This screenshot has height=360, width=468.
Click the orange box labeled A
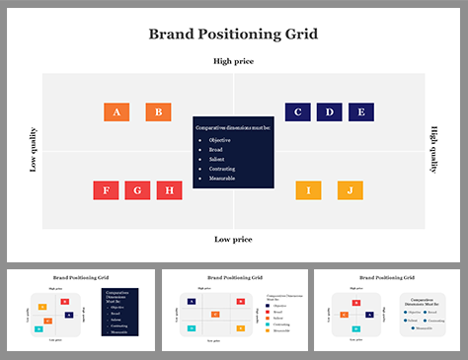tap(117, 112)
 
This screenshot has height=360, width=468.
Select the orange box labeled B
tap(158, 112)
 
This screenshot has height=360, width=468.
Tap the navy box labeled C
tap(298, 112)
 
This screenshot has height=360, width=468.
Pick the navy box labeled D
tap(330, 112)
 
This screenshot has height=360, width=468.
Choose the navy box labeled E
tap(361, 112)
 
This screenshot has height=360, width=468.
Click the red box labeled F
tap(107, 190)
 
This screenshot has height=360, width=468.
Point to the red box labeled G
tap(138, 190)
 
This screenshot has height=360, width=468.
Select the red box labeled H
tap(170, 190)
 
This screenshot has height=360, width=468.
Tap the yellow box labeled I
tap(308, 190)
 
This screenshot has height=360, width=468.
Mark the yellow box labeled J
tap(350, 190)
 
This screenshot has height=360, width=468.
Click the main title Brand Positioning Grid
tap(233, 35)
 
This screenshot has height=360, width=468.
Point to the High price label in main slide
tap(233, 62)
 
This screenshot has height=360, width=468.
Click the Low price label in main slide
tap(233, 240)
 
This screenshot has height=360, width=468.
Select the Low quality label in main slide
tap(33, 151)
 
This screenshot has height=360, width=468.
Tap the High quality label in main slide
tap(433, 151)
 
